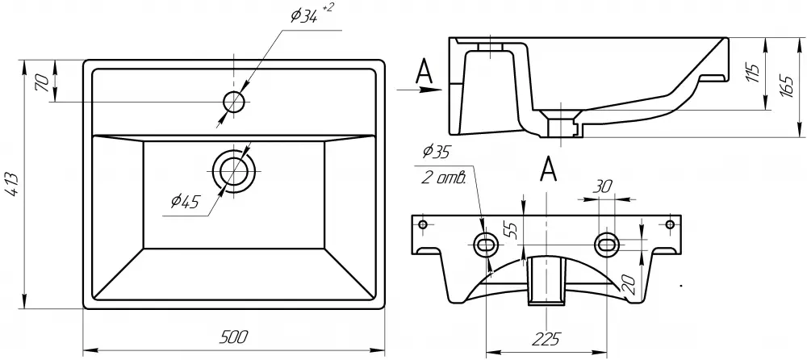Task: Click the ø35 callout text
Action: pos(435,152)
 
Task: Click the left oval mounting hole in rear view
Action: pos(487,244)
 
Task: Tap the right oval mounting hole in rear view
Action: pos(606,244)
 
